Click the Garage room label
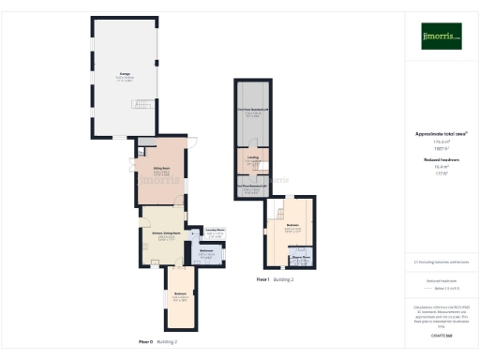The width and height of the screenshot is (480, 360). (124, 73)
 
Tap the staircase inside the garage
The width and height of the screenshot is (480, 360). (142, 105)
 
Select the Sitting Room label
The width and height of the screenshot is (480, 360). (161, 171)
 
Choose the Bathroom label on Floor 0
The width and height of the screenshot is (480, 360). (208, 251)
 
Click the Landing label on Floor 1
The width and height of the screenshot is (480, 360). (253, 157)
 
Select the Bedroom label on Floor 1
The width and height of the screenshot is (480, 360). (292, 226)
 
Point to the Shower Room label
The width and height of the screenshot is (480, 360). (301, 256)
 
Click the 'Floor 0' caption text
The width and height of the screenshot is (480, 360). (145, 341)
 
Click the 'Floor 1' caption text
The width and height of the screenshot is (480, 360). (262, 279)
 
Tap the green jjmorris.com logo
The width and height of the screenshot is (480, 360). (441, 36)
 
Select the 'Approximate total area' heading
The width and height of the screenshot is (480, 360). (440, 134)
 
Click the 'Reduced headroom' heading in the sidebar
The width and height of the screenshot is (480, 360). (440, 160)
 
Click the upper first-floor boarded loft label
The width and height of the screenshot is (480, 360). (253, 110)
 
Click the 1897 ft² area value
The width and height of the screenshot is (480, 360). (440, 149)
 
